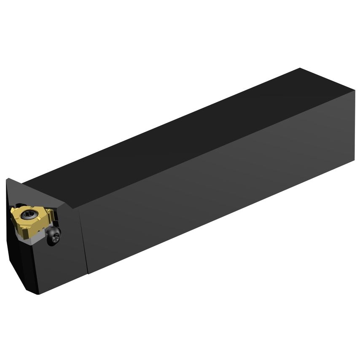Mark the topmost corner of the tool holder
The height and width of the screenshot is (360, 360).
(300, 68)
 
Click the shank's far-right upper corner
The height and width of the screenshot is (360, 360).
(355, 90)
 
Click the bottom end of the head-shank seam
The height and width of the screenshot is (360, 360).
(88, 273)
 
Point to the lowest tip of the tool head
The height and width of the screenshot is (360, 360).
(39, 294)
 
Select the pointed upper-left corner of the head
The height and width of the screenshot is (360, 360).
(7, 179)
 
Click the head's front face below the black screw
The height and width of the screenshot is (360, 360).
(63, 266)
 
